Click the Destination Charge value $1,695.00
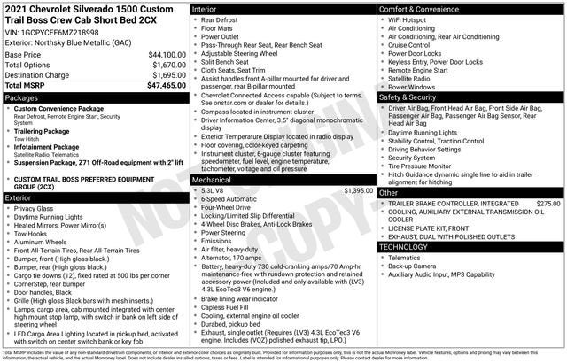[x=164, y=75]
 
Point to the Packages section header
[x=22, y=97]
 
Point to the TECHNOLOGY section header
[x=409, y=246]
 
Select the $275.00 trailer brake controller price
[x=548, y=204]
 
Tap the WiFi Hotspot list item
[x=412, y=19]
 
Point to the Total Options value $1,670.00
[x=164, y=66]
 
